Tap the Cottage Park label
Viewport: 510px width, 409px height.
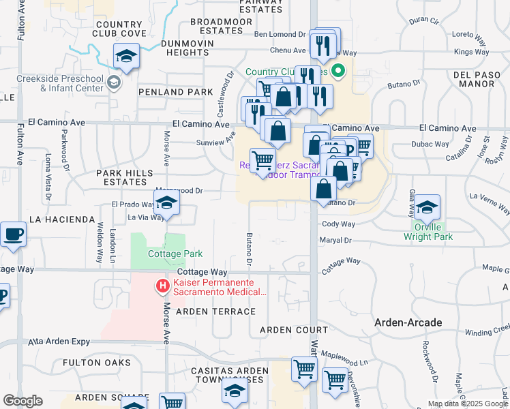(175, 254)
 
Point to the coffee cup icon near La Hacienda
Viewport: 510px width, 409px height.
(14, 234)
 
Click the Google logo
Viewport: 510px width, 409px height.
(22, 401)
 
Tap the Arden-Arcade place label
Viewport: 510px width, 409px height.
(408, 322)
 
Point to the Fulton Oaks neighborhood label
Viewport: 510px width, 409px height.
(96, 363)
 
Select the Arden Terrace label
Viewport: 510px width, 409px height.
(206, 312)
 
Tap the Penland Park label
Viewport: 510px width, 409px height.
(170, 91)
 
